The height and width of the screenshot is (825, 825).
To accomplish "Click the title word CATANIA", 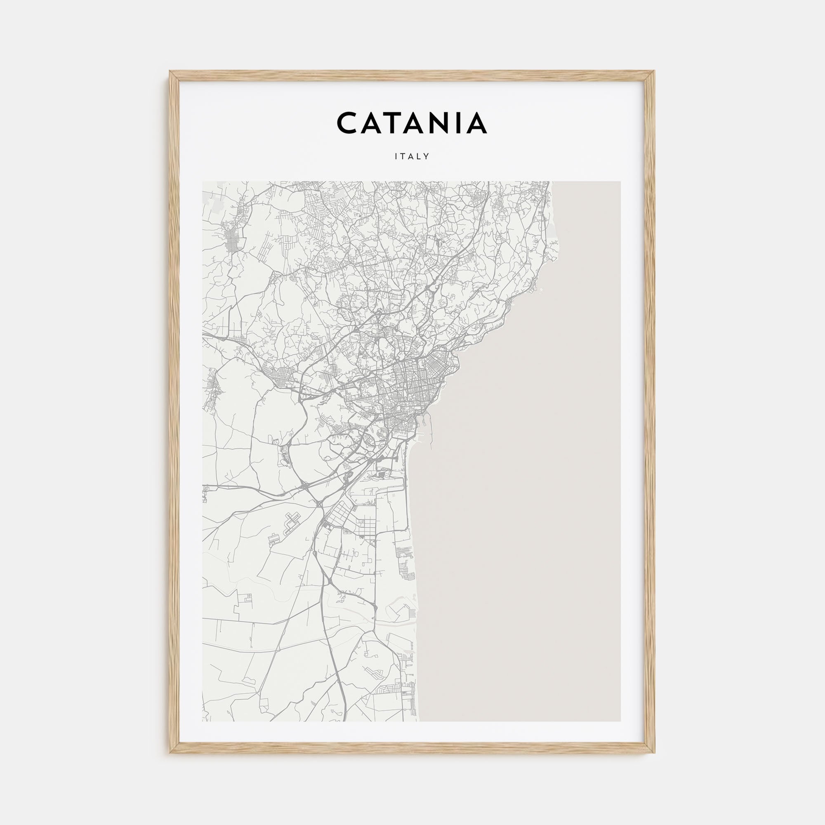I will [x=412, y=123].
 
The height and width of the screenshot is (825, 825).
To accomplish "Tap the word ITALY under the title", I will [x=412, y=157].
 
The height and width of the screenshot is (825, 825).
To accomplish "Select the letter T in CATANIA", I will [x=392, y=123].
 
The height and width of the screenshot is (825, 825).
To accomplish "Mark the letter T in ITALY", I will [x=403, y=157].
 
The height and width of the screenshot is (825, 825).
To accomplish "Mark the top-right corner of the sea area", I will [x=620, y=182].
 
